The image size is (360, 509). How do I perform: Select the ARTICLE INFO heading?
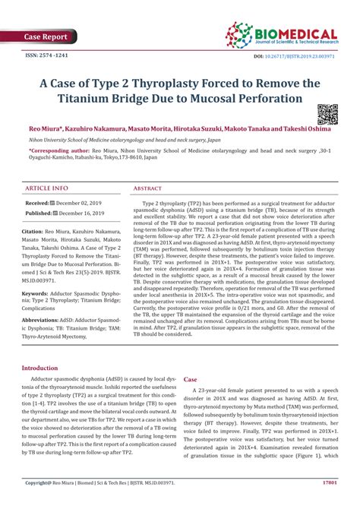point(46,188)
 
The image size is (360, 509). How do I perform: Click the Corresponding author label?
point(54,152)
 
